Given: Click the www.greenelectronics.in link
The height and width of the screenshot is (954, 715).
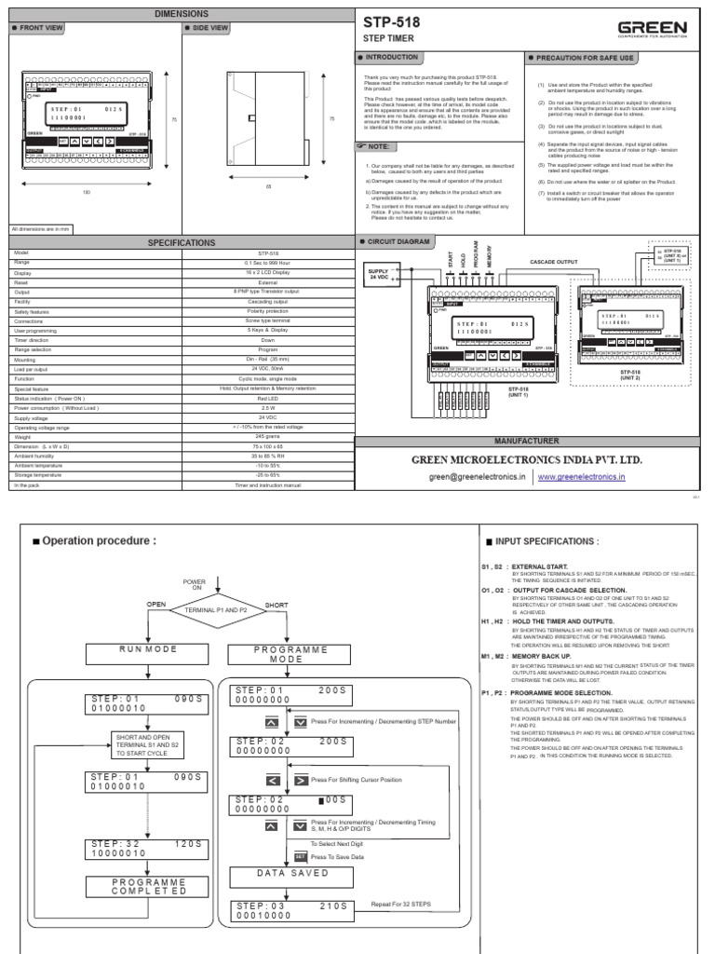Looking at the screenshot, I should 582,476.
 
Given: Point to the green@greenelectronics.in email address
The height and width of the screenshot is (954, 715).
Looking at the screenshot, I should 477,476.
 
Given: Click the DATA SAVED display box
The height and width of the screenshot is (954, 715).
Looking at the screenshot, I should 293,873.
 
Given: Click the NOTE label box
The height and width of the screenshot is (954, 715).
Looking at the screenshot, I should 379,146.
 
